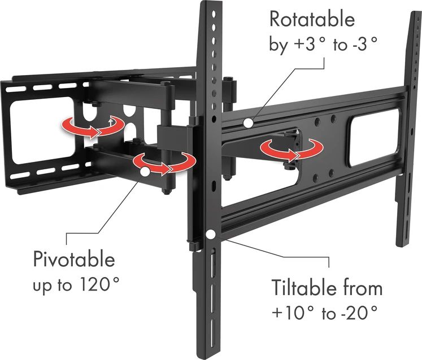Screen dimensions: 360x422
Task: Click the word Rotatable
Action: [312, 20]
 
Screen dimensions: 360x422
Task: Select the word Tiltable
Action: [304, 288]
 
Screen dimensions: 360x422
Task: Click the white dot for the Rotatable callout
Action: [248, 122]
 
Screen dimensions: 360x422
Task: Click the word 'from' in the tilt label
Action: [361, 288]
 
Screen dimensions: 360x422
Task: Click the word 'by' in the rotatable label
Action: [278, 46]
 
